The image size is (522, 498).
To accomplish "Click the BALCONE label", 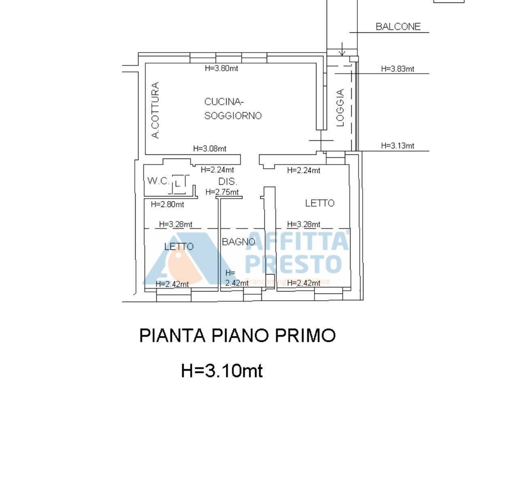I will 398,27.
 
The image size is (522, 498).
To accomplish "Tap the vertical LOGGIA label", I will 340,108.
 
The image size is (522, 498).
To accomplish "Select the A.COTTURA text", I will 155,110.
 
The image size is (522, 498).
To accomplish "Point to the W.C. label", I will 158,181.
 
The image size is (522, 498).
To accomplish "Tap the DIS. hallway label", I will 228,181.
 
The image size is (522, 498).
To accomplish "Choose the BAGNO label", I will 238,242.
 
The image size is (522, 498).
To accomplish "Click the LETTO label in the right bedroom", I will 320,203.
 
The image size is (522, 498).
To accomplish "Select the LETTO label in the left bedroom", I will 179,246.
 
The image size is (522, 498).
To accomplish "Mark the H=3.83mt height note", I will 397,69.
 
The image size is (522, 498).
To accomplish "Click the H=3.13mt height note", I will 397,146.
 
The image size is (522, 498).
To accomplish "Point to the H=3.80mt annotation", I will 221,68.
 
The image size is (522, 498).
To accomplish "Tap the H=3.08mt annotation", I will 210,148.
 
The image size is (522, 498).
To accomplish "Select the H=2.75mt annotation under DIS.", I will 222,192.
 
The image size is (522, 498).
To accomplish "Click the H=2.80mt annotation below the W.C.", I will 167,205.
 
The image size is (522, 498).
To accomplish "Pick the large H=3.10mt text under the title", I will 222,370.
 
